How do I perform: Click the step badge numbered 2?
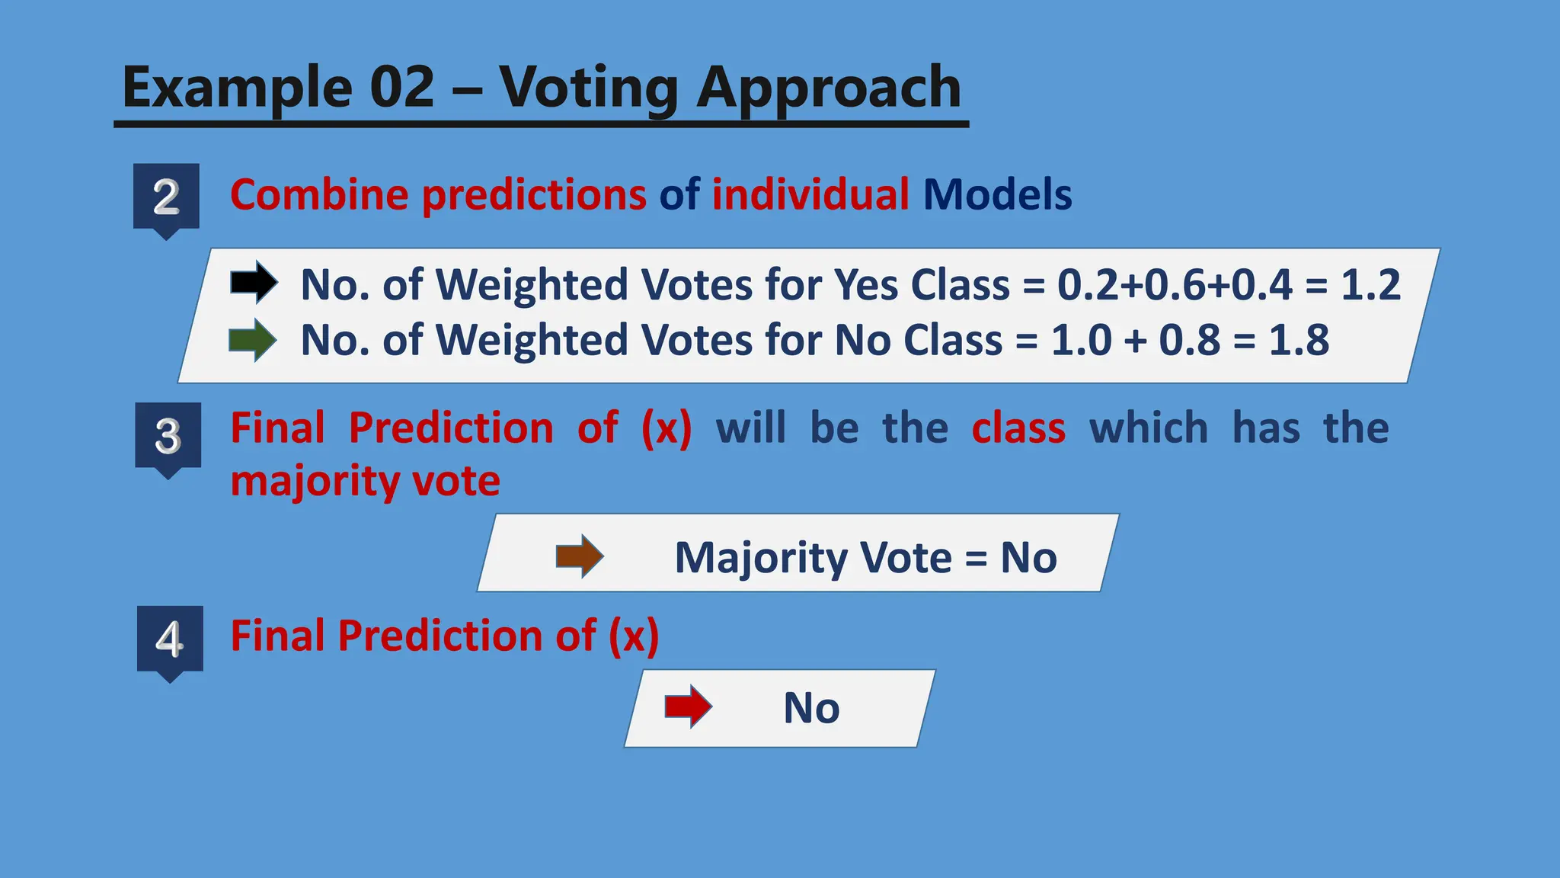click(x=166, y=197)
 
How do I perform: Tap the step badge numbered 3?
click(x=168, y=437)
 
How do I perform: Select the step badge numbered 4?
click(x=170, y=639)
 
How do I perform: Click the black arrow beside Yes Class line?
click(x=254, y=283)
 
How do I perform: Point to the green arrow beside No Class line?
click(x=253, y=340)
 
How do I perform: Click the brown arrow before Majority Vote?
click(x=580, y=556)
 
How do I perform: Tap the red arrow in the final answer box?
click(x=688, y=707)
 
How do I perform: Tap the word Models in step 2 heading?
click(x=997, y=194)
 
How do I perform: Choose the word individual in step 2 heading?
click(x=810, y=194)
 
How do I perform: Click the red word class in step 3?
click(x=1018, y=428)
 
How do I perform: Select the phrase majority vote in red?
click(x=365, y=482)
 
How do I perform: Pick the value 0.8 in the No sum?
click(x=1190, y=340)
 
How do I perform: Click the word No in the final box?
click(x=811, y=707)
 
